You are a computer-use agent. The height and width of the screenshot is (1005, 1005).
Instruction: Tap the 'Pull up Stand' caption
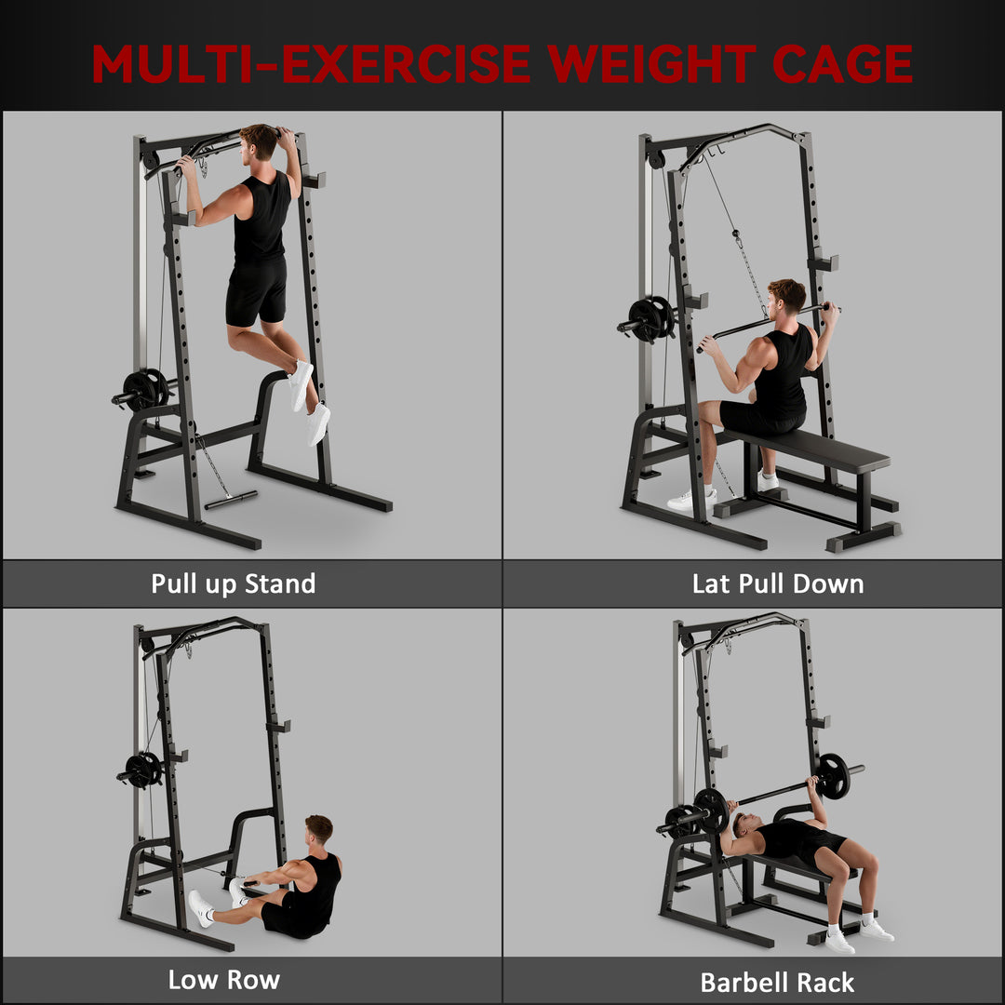click(x=234, y=584)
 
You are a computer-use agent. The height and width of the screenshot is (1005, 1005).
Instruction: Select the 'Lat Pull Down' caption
click(x=778, y=584)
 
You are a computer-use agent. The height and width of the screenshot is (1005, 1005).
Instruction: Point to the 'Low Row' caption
click(x=224, y=979)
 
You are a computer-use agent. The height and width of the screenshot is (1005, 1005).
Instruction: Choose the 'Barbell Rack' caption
click(x=777, y=983)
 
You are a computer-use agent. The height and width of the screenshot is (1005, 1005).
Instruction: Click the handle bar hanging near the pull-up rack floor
click(x=231, y=500)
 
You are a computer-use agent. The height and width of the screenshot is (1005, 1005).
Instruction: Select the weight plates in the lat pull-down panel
click(x=651, y=317)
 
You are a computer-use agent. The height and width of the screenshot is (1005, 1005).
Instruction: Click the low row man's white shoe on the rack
click(x=200, y=908)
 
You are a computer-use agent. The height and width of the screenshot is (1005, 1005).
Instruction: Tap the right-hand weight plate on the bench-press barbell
click(x=833, y=775)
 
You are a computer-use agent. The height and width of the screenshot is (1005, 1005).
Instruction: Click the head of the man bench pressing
click(x=744, y=824)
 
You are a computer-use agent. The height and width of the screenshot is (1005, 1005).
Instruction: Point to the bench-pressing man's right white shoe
click(x=876, y=930)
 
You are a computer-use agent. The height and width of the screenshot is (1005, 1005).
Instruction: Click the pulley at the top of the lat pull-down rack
click(x=656, y=158)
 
